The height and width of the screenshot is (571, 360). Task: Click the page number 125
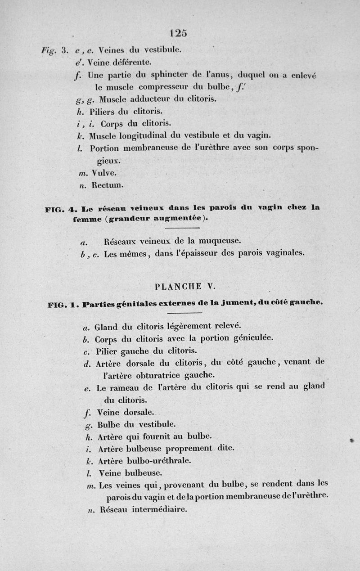179,33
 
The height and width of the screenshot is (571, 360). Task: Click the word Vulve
105,172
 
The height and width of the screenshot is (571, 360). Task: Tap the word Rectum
108,184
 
